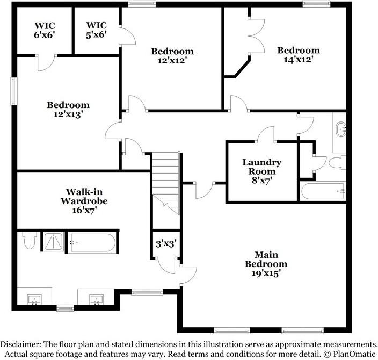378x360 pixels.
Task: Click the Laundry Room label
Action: [261, 171]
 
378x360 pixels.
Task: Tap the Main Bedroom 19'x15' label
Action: [266, 263]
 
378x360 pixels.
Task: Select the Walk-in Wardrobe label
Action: [86, 201]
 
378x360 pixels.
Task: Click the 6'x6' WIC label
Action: [45, 30]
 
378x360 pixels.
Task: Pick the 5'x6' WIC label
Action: [97, 30]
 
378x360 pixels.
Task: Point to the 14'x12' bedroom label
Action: [298, 55]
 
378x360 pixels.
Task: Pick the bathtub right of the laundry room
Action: [323, 191]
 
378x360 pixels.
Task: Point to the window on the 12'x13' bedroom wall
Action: [15, 89]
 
